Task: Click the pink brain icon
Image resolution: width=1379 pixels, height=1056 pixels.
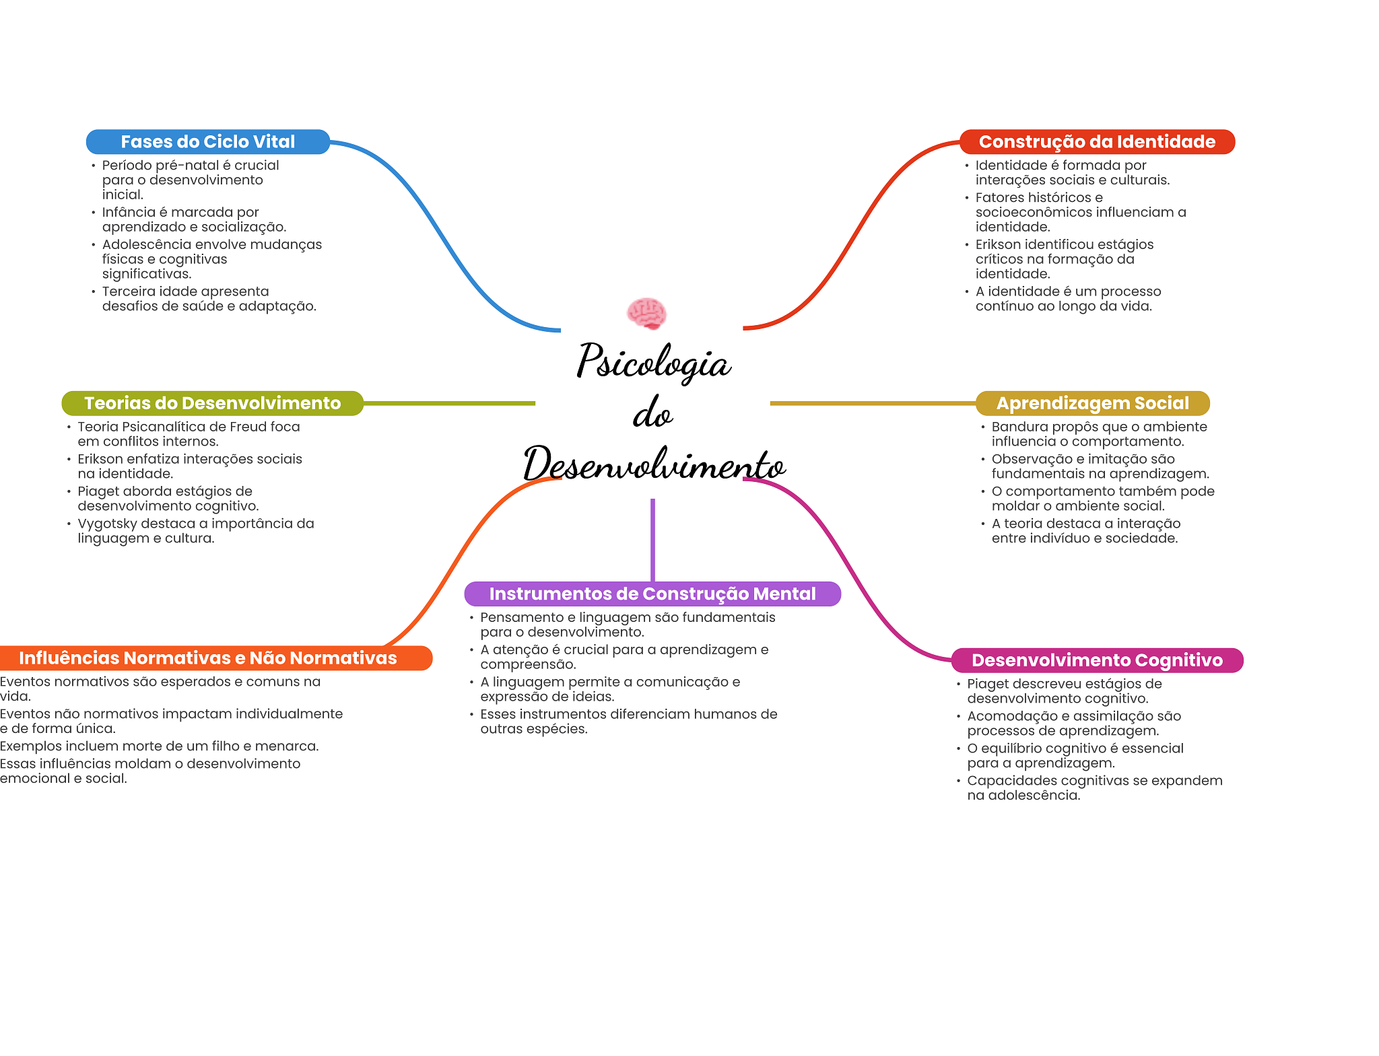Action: click(x=646, y=314)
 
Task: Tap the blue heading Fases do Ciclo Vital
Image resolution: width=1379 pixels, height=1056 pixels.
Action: click(x=208, y=142)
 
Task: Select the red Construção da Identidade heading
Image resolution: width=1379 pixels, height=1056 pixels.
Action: click(x=1097, y=142)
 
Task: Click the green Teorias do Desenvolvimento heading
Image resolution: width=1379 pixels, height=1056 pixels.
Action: click(x=212, y=403)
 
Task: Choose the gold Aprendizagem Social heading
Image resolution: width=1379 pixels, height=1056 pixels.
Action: click(x=1092, y=403)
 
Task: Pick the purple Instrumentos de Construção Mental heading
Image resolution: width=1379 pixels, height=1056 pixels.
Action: click(x=652, y=594)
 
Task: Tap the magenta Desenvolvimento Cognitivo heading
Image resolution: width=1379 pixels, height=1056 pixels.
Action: click(x=1097, y=660)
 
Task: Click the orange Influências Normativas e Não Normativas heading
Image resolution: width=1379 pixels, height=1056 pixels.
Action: click(x=208, y=658)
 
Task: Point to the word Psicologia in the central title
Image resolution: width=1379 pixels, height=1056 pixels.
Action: click(x=653, y=362)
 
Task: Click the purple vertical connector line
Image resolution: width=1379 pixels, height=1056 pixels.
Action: click(x=652, y=538)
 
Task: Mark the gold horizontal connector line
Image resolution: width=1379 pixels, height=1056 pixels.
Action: click(x=873, y=403)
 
